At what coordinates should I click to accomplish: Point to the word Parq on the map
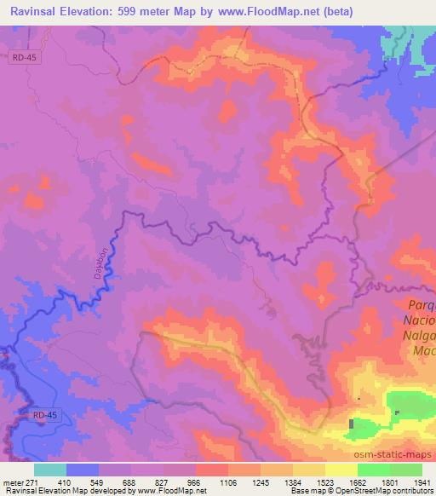click(419, 305)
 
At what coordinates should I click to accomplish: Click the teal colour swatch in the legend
click(50, 470)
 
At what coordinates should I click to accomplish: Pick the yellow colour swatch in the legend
click(341, 470)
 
